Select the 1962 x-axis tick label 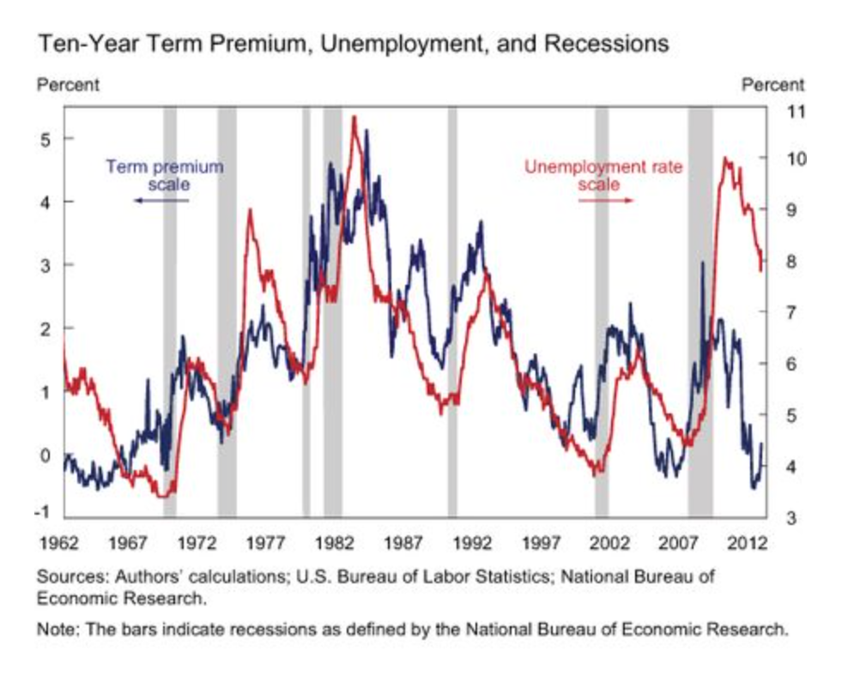click(58, 542)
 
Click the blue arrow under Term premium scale click(160, 200)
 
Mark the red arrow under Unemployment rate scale click(605, 200)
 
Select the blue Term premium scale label click(164, 175)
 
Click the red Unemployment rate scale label click(603, 175)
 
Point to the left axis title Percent click(68, 85)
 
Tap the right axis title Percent click(772, 85)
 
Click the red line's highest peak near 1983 click(354, 118)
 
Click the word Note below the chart click(53, 629)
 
